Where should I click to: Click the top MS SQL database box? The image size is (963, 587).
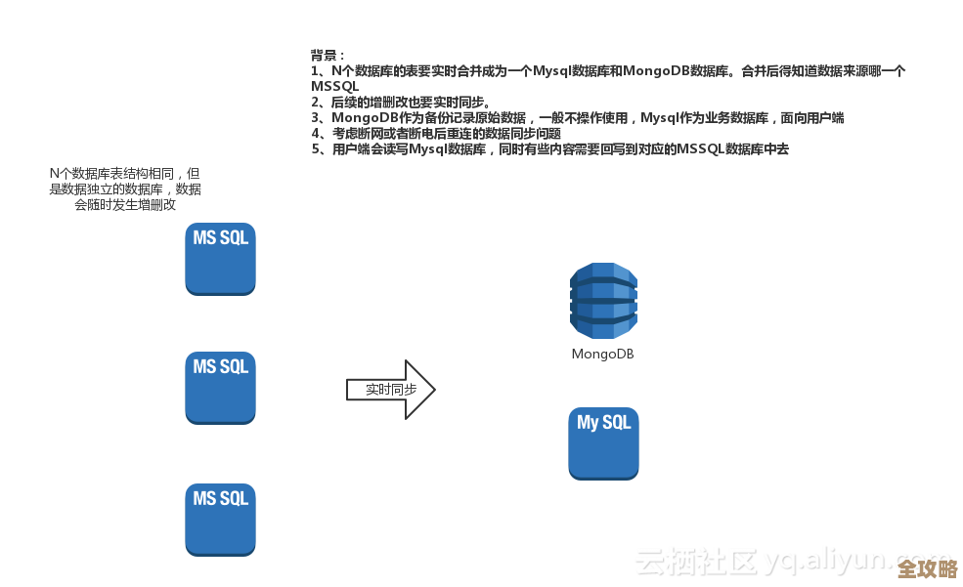click(220, 259)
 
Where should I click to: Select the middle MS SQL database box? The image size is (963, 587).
click(220, 388)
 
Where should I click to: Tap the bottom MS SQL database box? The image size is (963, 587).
click(220, 520)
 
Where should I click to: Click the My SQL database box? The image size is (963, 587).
click(603, 443)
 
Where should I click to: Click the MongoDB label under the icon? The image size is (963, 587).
click(602, 355)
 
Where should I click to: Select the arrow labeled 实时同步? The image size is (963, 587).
click(390, 389)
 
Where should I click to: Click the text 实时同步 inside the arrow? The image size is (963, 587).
click(390, 389)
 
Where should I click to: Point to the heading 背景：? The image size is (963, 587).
click(328, 55)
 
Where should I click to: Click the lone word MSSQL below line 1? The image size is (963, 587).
click(334, 86)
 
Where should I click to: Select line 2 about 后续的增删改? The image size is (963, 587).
click(401, 102)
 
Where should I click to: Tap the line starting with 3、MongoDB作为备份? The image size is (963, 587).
click(577, 117)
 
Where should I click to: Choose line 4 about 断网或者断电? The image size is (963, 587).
click(436, 133)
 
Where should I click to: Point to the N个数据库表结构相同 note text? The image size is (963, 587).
click(125, 173)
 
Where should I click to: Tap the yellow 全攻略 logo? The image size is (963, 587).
click(927, 568)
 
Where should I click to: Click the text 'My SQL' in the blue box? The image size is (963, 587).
click(603, 423)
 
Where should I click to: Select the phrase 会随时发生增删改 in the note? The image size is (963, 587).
click(125, 204)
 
